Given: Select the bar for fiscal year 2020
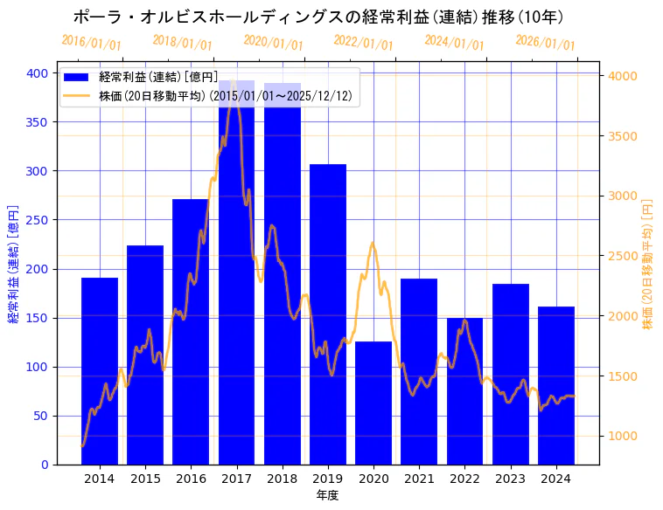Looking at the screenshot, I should click(373, 403).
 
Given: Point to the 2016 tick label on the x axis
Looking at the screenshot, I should click(191, 479).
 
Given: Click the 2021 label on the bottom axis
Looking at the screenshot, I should click(419, 479).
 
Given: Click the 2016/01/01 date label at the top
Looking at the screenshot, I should click(91, 42).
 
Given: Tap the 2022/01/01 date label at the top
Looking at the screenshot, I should click(363, 42).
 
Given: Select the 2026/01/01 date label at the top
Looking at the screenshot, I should click(545, 42).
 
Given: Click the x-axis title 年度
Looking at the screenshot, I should click(327, 495).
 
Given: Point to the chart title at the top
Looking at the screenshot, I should click(318, 17).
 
